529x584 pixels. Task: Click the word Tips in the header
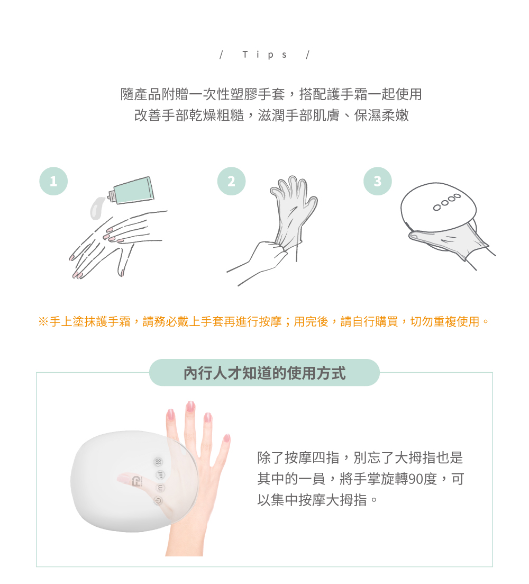point(264,55)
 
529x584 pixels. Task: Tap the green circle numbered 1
point(53,182)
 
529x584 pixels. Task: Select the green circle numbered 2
point(231,181)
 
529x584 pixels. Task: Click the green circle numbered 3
point(377,181)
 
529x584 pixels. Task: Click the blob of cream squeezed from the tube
point(96,208)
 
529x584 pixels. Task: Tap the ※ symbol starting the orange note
point(43,321)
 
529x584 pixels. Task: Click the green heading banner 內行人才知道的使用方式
point(264,373)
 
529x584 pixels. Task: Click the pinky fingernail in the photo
point(226,438)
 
